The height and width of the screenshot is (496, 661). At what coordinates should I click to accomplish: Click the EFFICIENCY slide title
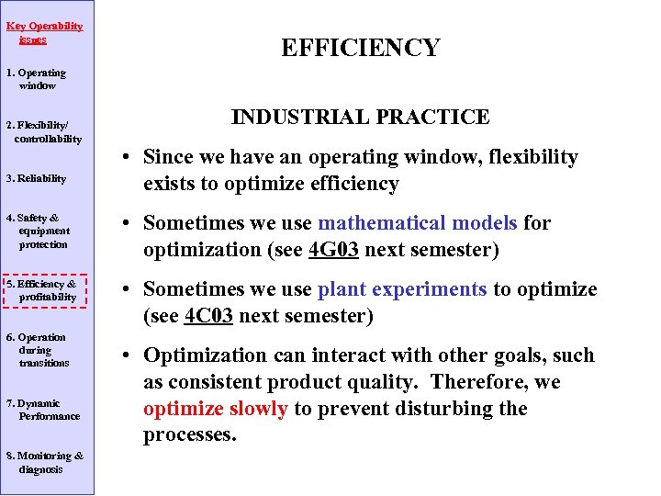click(360, 48)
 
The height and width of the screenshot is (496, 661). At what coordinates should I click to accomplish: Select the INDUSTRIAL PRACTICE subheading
click(360, 117)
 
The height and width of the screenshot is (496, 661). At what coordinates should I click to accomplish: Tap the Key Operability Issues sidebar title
click(44, 33)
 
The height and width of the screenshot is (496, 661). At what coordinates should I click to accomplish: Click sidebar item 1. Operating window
click(37, 79)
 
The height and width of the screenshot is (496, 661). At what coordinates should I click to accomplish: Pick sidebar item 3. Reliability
click(36, 178)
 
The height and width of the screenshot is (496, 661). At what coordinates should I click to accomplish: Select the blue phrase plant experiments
click(402, 289)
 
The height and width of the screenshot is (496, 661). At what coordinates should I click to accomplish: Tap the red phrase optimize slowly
click(216, 409)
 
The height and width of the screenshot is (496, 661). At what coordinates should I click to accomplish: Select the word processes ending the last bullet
click(190, 435)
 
